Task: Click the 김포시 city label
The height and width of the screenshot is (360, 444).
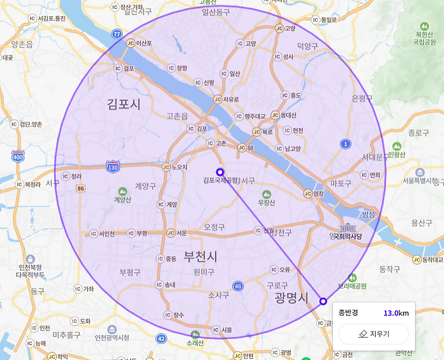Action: pos(123,104)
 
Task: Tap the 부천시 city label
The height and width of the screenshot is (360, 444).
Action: pos(195,257)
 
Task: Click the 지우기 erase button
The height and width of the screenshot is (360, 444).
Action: pos(373,334)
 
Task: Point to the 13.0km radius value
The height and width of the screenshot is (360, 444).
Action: pos(396,313)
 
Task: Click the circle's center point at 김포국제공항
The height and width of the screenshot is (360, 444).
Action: pos(219,171)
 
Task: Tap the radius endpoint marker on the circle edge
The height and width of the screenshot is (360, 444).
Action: pos(323,301)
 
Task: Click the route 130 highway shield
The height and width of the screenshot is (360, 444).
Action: pos(113,166)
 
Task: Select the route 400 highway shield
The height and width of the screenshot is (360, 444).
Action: pos(17,156)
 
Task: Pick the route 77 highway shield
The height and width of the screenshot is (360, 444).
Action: pos(117,33)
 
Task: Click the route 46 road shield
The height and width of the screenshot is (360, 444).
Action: pos(238,287)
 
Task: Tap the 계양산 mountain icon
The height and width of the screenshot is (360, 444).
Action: pos(121,191)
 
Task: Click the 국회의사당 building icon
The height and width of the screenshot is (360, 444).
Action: pos(348,227)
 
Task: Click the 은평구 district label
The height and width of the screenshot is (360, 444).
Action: pos(362,98)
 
